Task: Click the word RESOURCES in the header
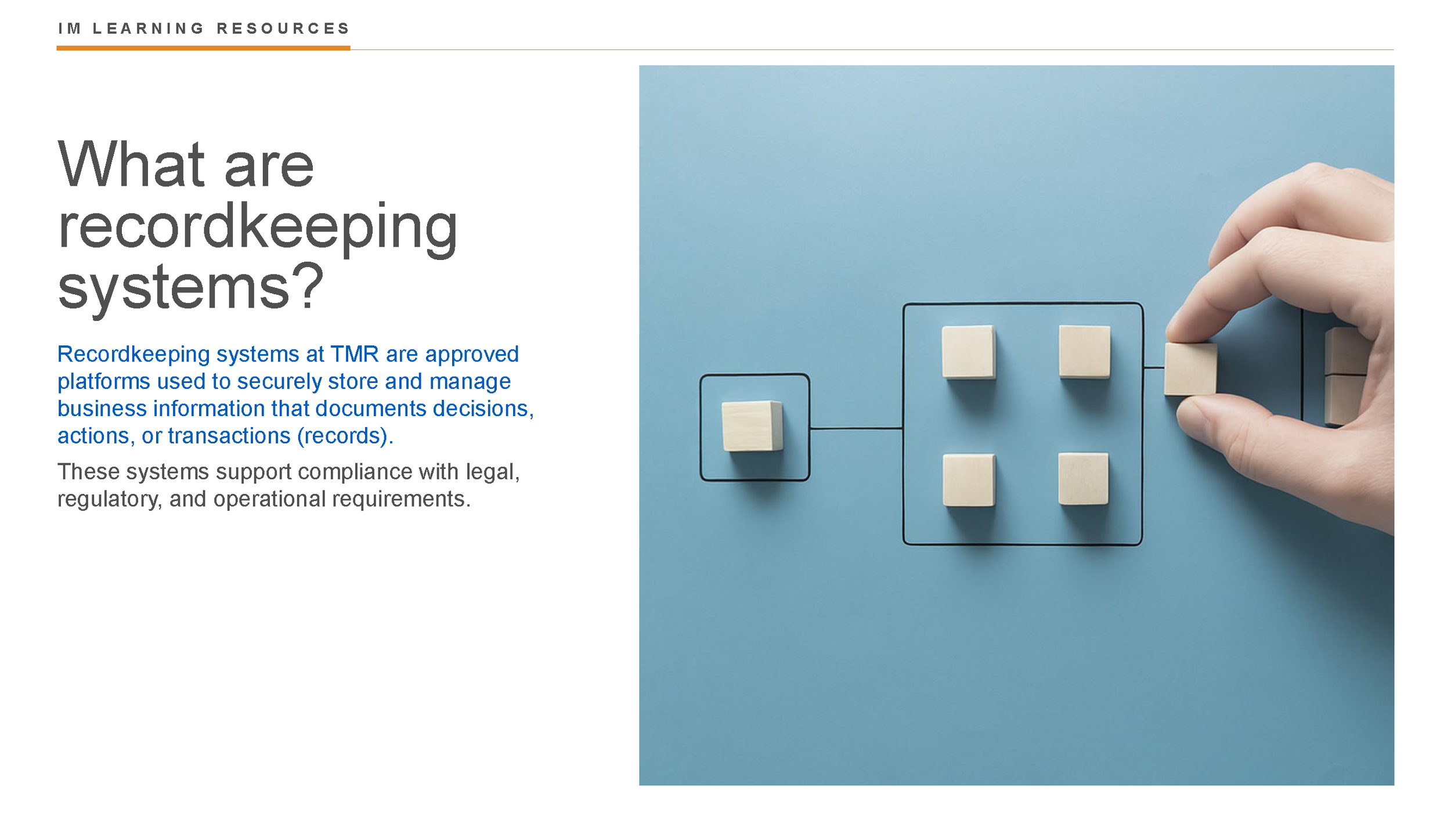pos(283,28)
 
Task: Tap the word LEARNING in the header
pos(148,28)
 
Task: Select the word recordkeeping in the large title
pos(258,228)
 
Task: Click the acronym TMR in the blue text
pos(354,354)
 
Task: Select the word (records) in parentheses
pos(344,436)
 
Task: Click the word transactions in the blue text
pos(229,436)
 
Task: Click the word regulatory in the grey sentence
pos(109,499)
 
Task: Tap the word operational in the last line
pos(270,499)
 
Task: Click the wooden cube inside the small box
pos(752,426)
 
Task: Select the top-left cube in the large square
pos(968,352)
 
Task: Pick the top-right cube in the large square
pos(1084,352)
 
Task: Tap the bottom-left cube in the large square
pos(968,480)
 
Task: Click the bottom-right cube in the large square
pos(1083,479)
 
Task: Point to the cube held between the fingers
pos(1190,369)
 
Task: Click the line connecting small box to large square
pos(856,428)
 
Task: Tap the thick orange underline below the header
pos(203,48)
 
